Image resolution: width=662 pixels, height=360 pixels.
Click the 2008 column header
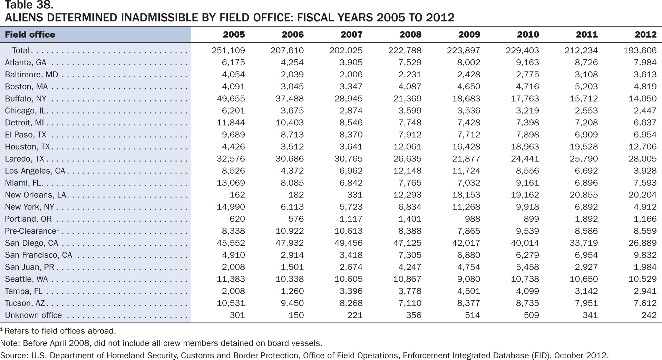[410, 35]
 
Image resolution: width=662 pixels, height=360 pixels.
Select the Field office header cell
[30, 35]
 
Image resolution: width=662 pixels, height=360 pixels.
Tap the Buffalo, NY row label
[26, 99]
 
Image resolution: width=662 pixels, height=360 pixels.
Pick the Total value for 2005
[228, 50]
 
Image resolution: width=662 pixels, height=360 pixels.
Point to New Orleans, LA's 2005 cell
[237, 195]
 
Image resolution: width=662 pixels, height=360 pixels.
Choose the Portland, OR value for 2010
[530, 219]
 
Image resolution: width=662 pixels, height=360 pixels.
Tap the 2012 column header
[645, 35]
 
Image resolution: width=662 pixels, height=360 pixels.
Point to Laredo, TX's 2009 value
[466, 159]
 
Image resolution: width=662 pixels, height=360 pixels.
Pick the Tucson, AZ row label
[25, 303]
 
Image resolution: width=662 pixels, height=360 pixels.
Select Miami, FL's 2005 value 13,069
[231, 183]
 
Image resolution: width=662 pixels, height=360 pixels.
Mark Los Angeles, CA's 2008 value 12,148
[407, 171]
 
